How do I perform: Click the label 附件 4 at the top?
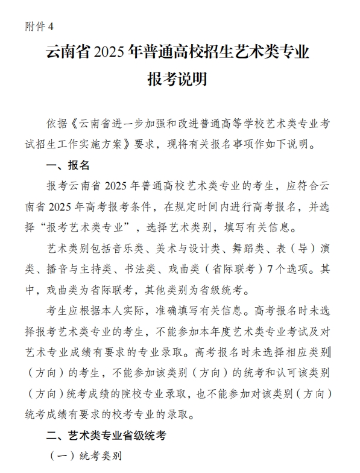[x=40, y=26]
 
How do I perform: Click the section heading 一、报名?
[x=68, y=165]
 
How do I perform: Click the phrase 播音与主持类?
[x=88, y=268]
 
